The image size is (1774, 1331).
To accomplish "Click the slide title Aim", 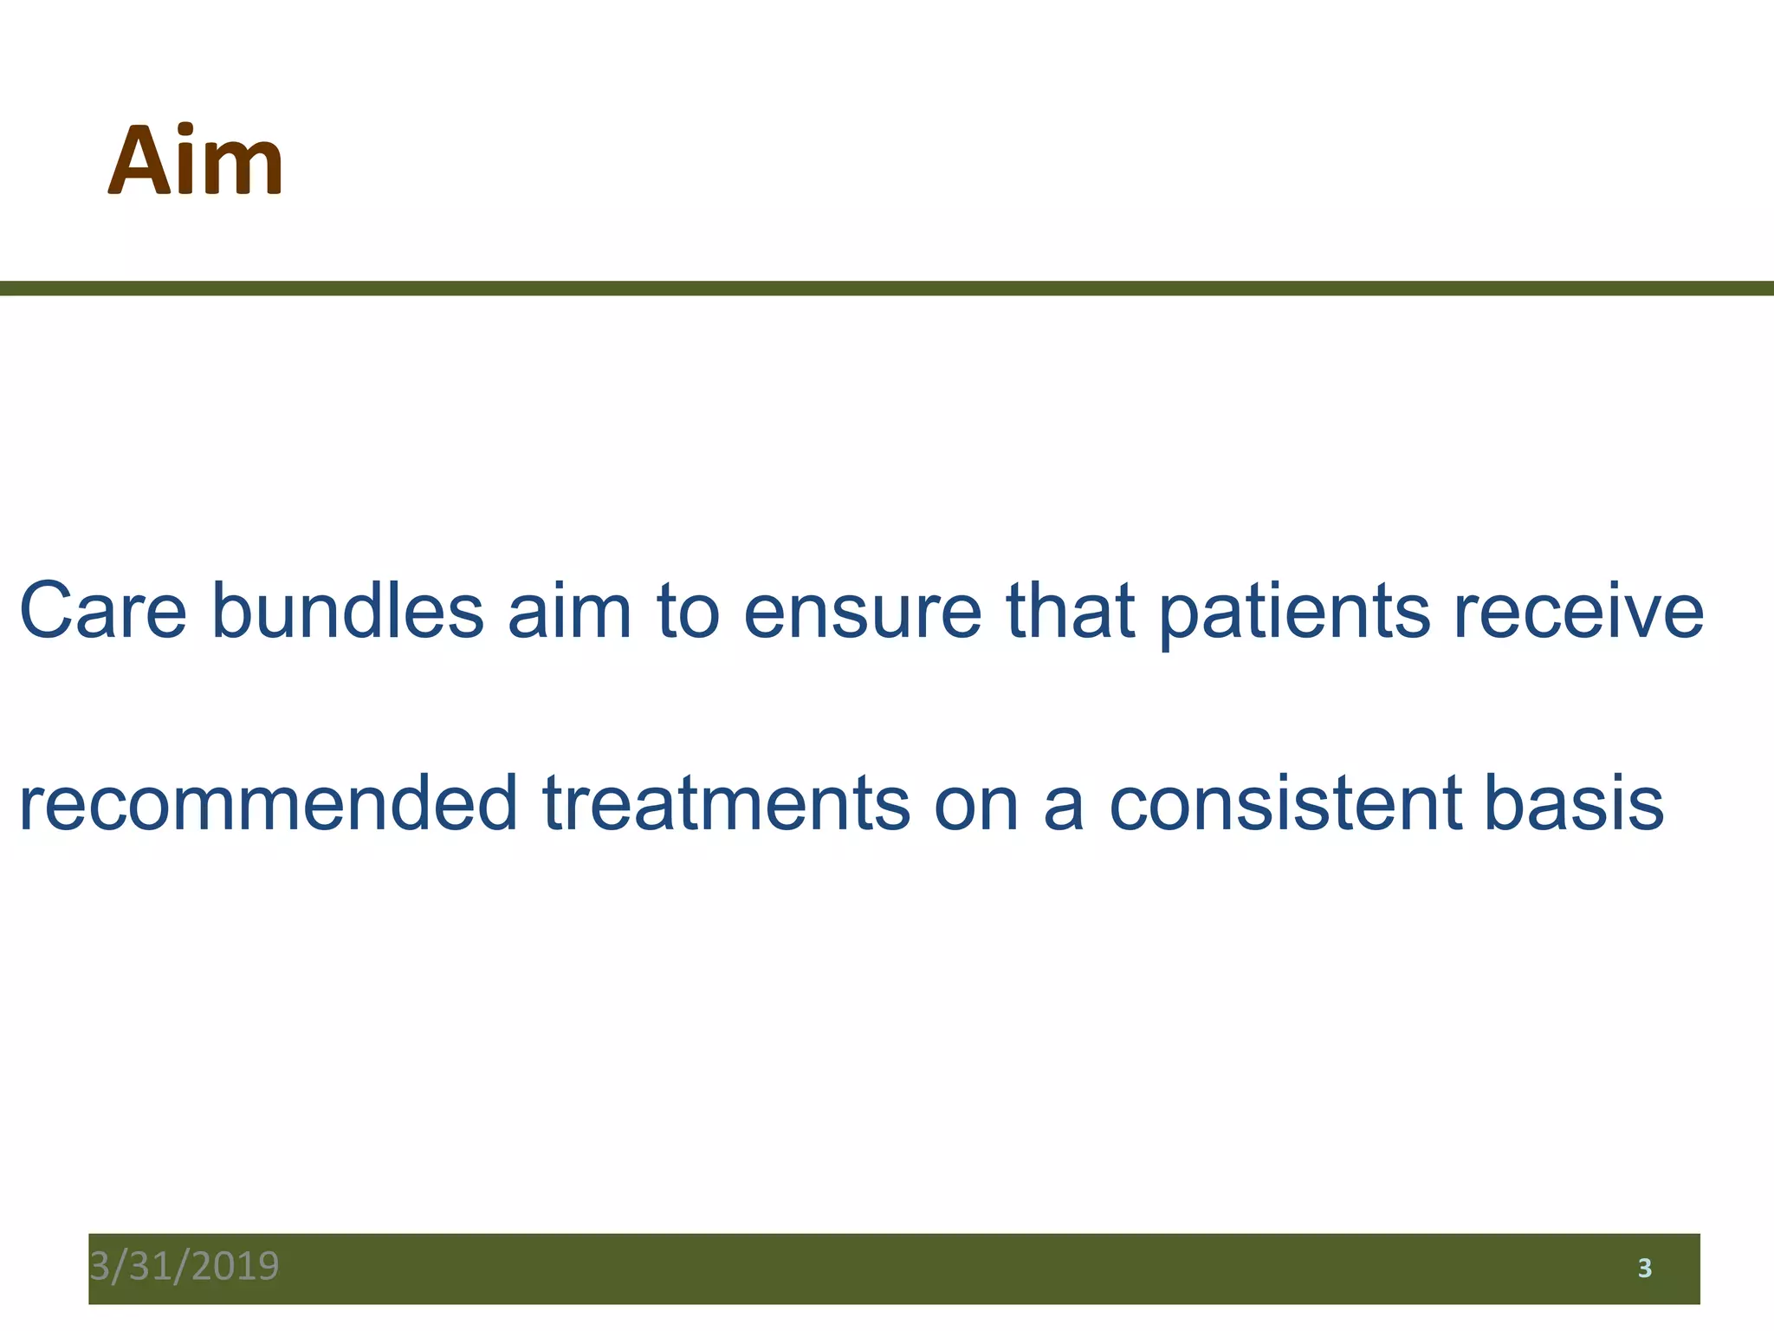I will point(196,161).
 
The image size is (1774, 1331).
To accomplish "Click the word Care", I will point(103,611).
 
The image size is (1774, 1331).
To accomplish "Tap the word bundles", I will point(346,611).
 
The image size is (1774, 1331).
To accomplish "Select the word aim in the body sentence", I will point(569,611).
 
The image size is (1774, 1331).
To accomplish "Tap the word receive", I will point(1578,612).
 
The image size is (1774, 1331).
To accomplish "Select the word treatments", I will point(726,804).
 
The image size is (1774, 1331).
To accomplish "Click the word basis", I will point(1574,802).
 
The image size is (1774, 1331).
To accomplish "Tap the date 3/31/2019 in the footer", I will point(185,1266).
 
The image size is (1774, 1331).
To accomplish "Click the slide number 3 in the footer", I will point(1644,1269).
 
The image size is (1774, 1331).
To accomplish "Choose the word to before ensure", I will point(689,613).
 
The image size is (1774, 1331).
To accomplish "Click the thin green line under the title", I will point(887,288).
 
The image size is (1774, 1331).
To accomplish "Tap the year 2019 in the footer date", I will point(236,1266).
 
